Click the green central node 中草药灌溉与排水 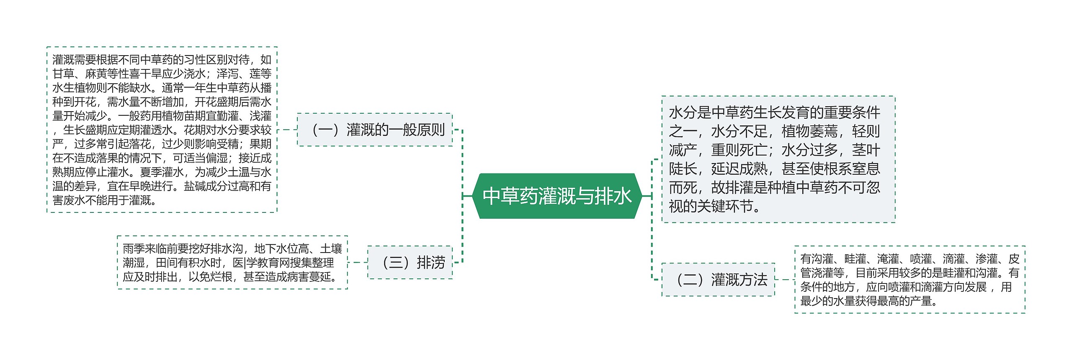click(557, 196)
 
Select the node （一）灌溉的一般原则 click(375, 130)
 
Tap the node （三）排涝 click(410, 263)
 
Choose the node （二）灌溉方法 click(719, 280)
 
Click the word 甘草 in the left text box click(63, 74)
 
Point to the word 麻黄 click(96, 74)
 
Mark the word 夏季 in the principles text click(151, 172)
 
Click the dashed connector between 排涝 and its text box click(358, 263)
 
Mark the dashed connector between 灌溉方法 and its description click(785, 280)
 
